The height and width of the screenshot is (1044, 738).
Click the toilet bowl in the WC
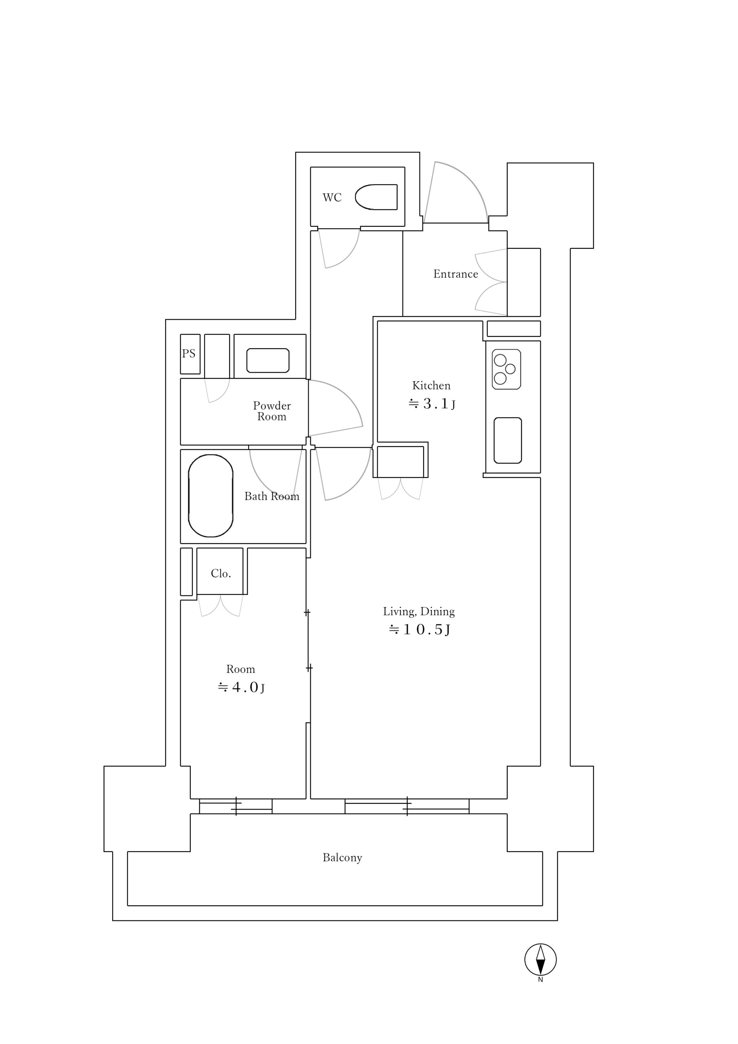[x=376, y=197]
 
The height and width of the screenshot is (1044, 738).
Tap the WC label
[x=332, y=197]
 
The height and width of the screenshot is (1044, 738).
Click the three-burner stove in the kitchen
[x=506, y=369]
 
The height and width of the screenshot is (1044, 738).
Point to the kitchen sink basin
[x=508, y=440]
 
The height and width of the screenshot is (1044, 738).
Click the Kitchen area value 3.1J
[x=431, y=403]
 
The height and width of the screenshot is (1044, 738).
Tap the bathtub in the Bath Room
[x=210, y=495]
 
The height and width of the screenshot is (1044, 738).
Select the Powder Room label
[x=272, y=411]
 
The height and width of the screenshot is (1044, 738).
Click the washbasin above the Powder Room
[x=268, y=361]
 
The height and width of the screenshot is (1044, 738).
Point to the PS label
[x=189, y=353]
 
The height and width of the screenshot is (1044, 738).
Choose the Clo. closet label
[x=221, y=573]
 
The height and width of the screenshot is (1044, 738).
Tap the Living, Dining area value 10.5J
[x=419, y=629]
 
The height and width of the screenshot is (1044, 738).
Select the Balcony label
[x=342, y=858]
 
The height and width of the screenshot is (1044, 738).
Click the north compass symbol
[x=540, y=960]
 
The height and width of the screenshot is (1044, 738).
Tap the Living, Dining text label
[x=419, y=612]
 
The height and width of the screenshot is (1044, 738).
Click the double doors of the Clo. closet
[x=221, y=606]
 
